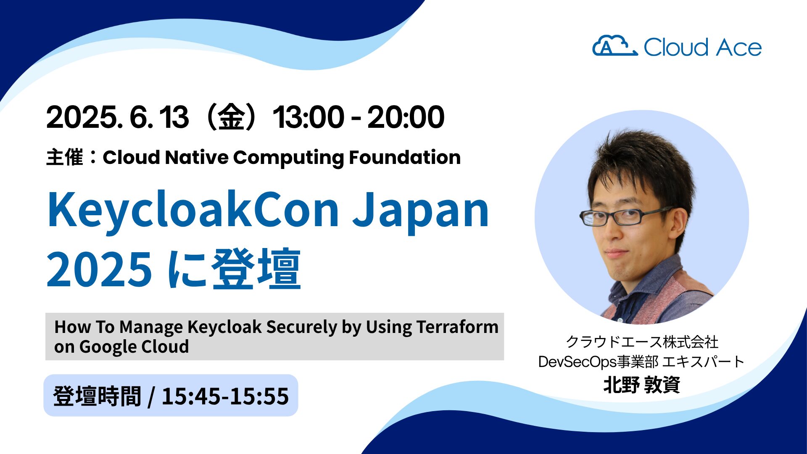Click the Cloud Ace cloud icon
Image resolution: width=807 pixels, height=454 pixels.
coord(614,46)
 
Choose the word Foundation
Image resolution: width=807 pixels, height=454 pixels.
coord(405,157)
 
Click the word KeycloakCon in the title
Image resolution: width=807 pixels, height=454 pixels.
coord(194,210)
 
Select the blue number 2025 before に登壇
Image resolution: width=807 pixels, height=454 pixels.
coord(99,268)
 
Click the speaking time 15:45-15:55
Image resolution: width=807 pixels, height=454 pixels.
coord(225,396)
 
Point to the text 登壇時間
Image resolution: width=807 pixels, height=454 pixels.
coord(97,396)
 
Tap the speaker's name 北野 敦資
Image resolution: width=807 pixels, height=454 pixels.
coord(641,385)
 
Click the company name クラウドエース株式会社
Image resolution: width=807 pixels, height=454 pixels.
coord(642,342)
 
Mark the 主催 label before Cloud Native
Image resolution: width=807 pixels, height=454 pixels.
coord(64,158)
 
